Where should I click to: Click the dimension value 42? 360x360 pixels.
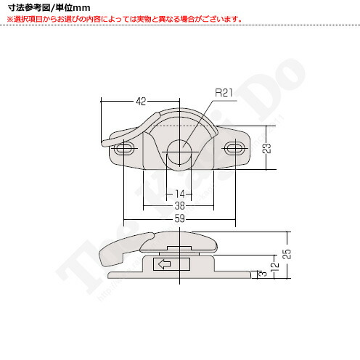pos(142,101)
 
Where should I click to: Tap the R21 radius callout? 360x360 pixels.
pos(224,93)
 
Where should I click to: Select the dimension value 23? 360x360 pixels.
pos(267,149)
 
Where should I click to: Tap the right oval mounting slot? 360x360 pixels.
pos(234,149)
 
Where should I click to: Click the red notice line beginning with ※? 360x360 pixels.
pos(123,20)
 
